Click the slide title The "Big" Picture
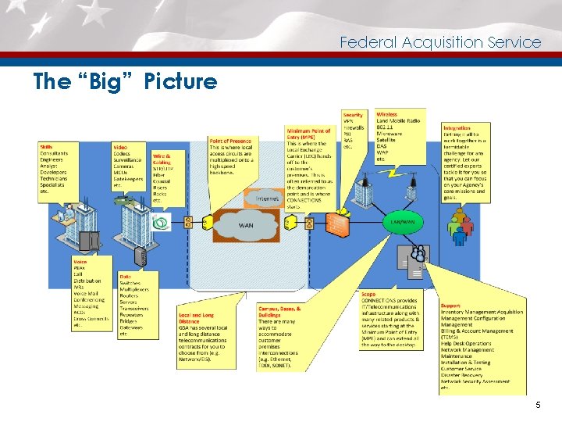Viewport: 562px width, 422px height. [x=125, y=81]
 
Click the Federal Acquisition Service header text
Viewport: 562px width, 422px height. [x=440, y=43]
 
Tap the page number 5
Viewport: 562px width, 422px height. [x=538, y=405]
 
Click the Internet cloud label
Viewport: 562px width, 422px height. [x=268, y=199]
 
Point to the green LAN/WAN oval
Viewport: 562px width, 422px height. [x=403, y=222]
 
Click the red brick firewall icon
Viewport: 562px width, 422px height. [x=337, y=222]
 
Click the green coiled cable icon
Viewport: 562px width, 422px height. [x=162, y=224]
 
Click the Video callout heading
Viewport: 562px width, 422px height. [x=120, y=146]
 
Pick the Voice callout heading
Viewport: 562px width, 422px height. [x=80, y=262]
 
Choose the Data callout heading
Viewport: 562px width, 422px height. [x=125, y=276]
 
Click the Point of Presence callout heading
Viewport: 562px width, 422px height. [x=229, y=141]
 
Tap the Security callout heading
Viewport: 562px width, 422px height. [x=353, y=115]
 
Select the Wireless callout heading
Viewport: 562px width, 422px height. [x=386, y=115]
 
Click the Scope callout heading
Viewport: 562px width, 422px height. [x=368, y=295]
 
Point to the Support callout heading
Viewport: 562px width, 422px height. [x=450, y=306]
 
